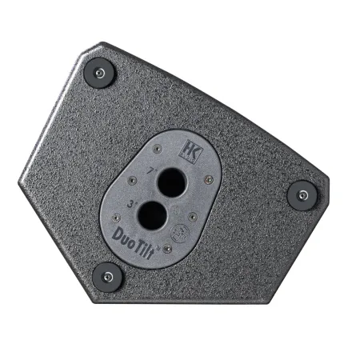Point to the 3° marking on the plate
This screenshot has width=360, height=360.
point(129,204)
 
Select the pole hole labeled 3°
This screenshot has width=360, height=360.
point(152,214)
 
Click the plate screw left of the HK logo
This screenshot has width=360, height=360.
point(156,147)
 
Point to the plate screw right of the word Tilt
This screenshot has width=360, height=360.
point(167,248)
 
